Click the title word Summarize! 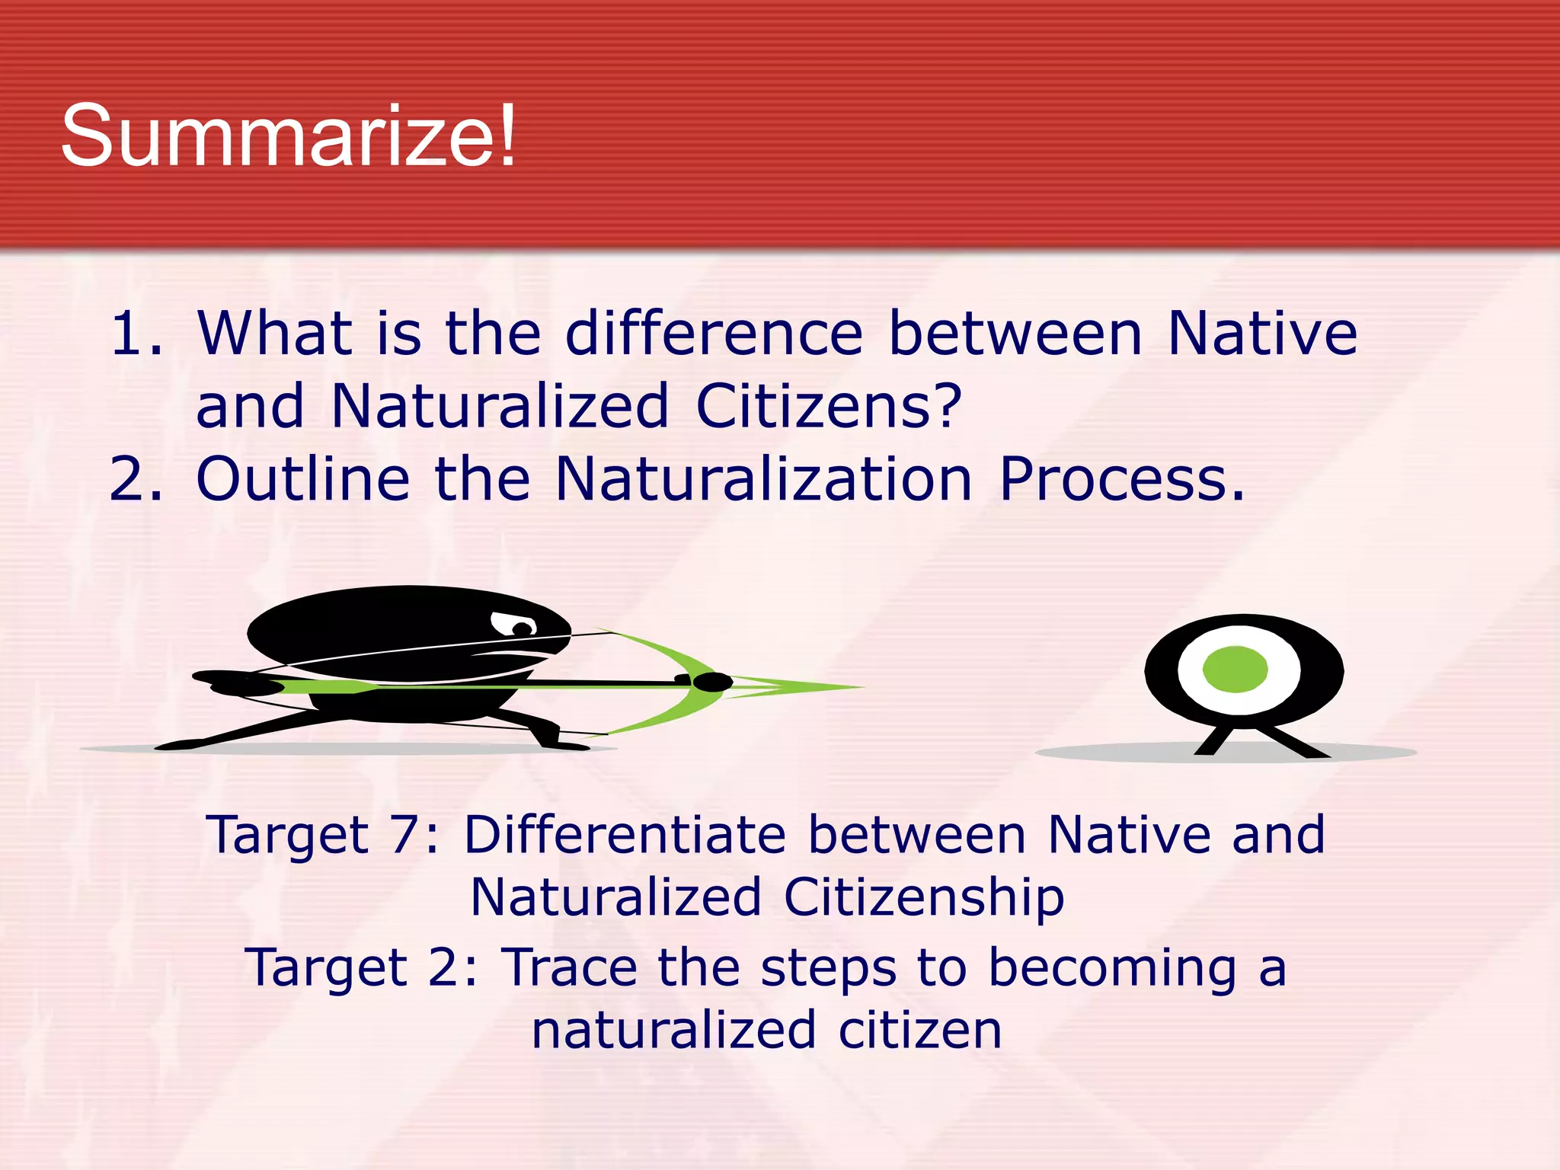point(288,137)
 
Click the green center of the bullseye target point(1235,670)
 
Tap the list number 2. point(136,479)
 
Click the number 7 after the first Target point(405,835)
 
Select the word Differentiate point(625,835)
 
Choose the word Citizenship point(923,897)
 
